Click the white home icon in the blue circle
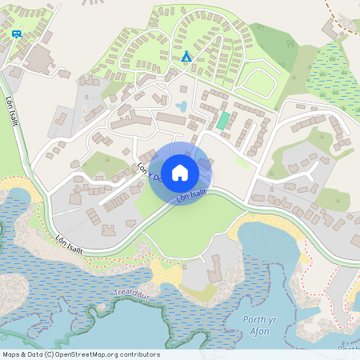point(180,173)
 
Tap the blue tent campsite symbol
point(186,57)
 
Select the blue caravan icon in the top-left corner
point(17,34)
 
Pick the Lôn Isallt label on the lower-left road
point(70,242)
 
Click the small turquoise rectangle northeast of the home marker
point(222,121)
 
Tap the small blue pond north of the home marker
point(182,106)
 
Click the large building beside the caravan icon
point(38,58)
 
